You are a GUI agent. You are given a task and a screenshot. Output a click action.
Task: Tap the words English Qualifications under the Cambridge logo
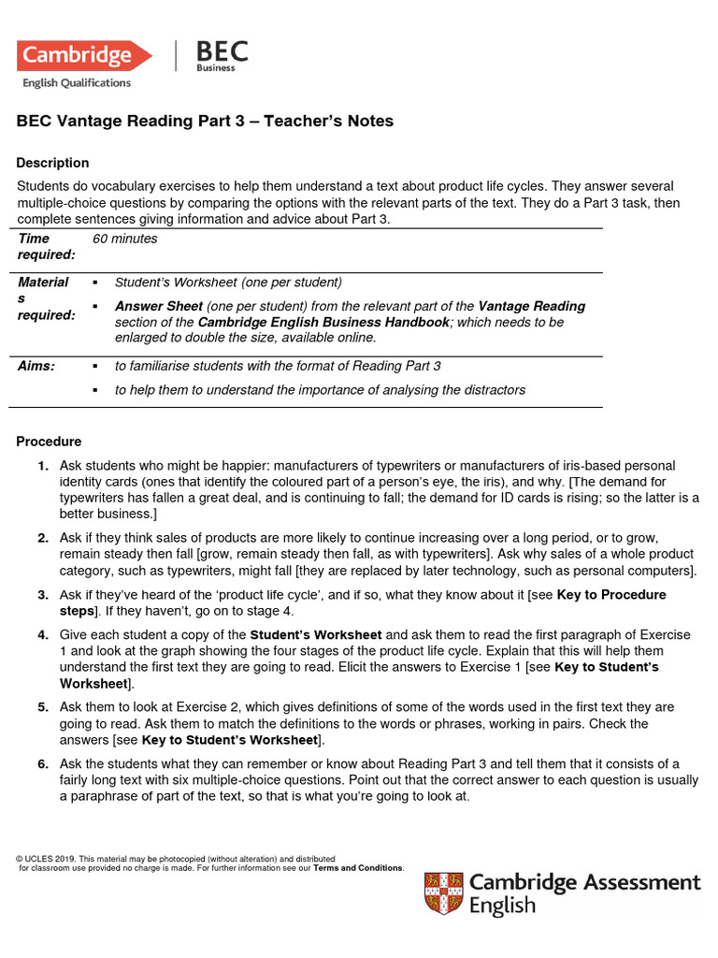(x=77, y=83)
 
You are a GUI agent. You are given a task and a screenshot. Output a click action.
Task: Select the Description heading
(x=52, y=163)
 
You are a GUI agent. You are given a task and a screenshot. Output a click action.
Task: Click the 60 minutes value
(x=125, y=239)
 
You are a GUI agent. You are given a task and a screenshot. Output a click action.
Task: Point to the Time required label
(x=47, y=247)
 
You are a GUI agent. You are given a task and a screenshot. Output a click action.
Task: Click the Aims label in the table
(x=36, y=367)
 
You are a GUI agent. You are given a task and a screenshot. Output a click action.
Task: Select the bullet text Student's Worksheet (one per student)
(x=228, y=283)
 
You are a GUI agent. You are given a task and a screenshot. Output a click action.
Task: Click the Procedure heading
(x=49, y=442)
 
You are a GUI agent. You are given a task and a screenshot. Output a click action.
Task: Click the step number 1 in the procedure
(x=43, y=466)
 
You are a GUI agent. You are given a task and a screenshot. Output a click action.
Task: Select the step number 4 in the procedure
(x=43, y=635)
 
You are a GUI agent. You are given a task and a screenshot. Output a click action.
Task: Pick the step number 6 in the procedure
(x=43, y=764)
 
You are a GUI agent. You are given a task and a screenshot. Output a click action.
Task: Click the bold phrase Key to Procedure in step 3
(x=611, y=595)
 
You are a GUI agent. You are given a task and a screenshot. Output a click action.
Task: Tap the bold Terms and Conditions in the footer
(x=358, y=868)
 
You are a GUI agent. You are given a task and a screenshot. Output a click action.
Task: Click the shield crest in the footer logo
(x=443, y=893)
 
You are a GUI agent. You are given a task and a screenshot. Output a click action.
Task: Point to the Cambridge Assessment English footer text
(x=584, y=893)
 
